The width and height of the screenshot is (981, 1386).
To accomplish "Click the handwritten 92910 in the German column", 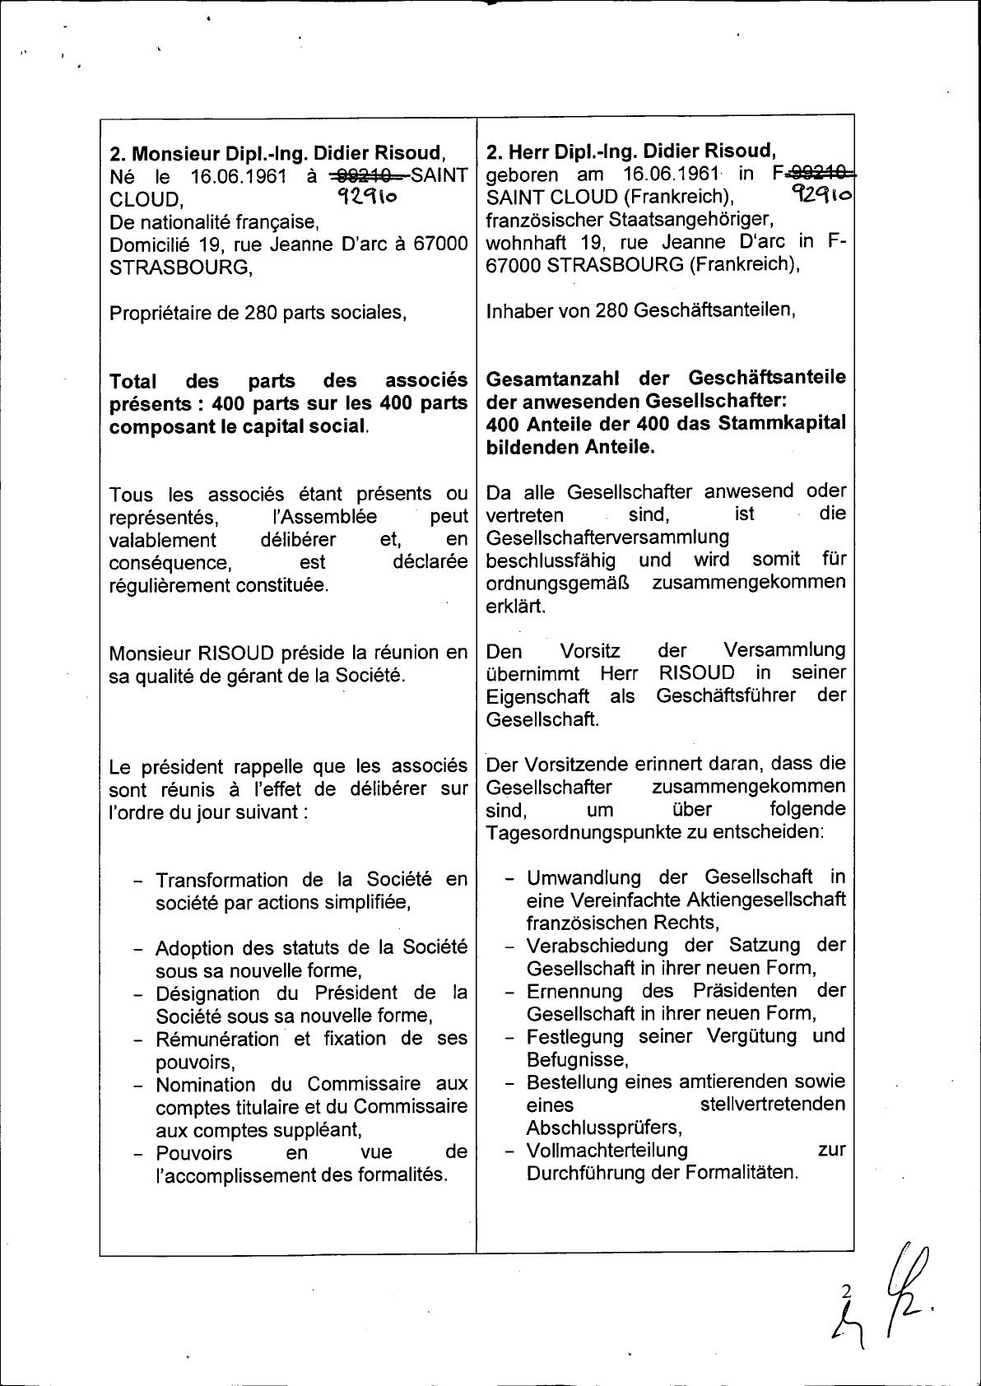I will click(x=820, y=194).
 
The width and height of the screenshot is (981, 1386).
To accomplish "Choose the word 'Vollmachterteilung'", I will click(x=607, y=1150).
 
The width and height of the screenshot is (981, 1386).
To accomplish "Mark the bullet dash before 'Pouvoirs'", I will click(x=140, y=1154).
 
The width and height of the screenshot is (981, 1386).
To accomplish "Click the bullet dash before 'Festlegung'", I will click(x=510, y=1037).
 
